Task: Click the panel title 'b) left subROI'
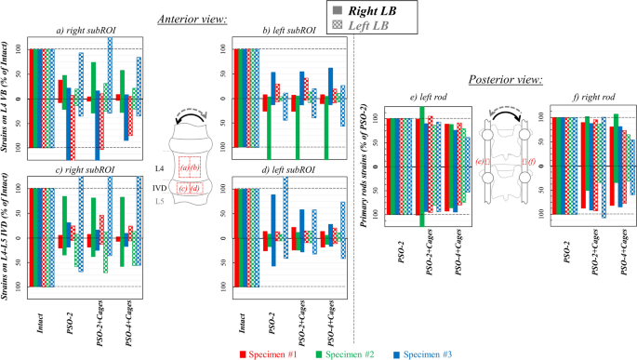pyautogui.click(x=289, y=32)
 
